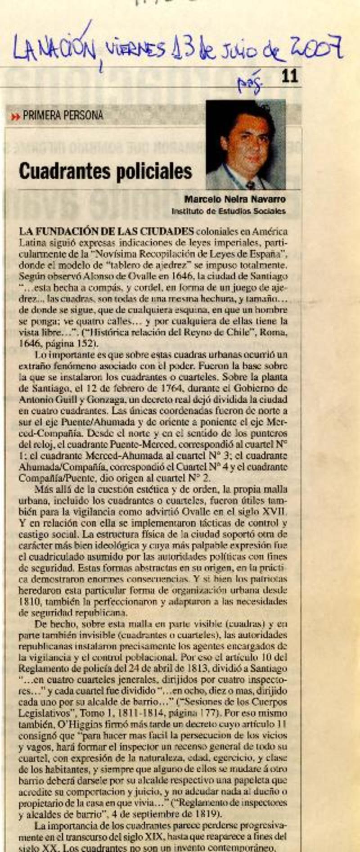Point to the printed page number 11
[x=290, y=76]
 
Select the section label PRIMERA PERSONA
[x=63, y=116]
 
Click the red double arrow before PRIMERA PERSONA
[x=16, y=117]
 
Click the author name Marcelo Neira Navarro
[x=234, y=199]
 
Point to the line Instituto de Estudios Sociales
[x=228, y=211]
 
